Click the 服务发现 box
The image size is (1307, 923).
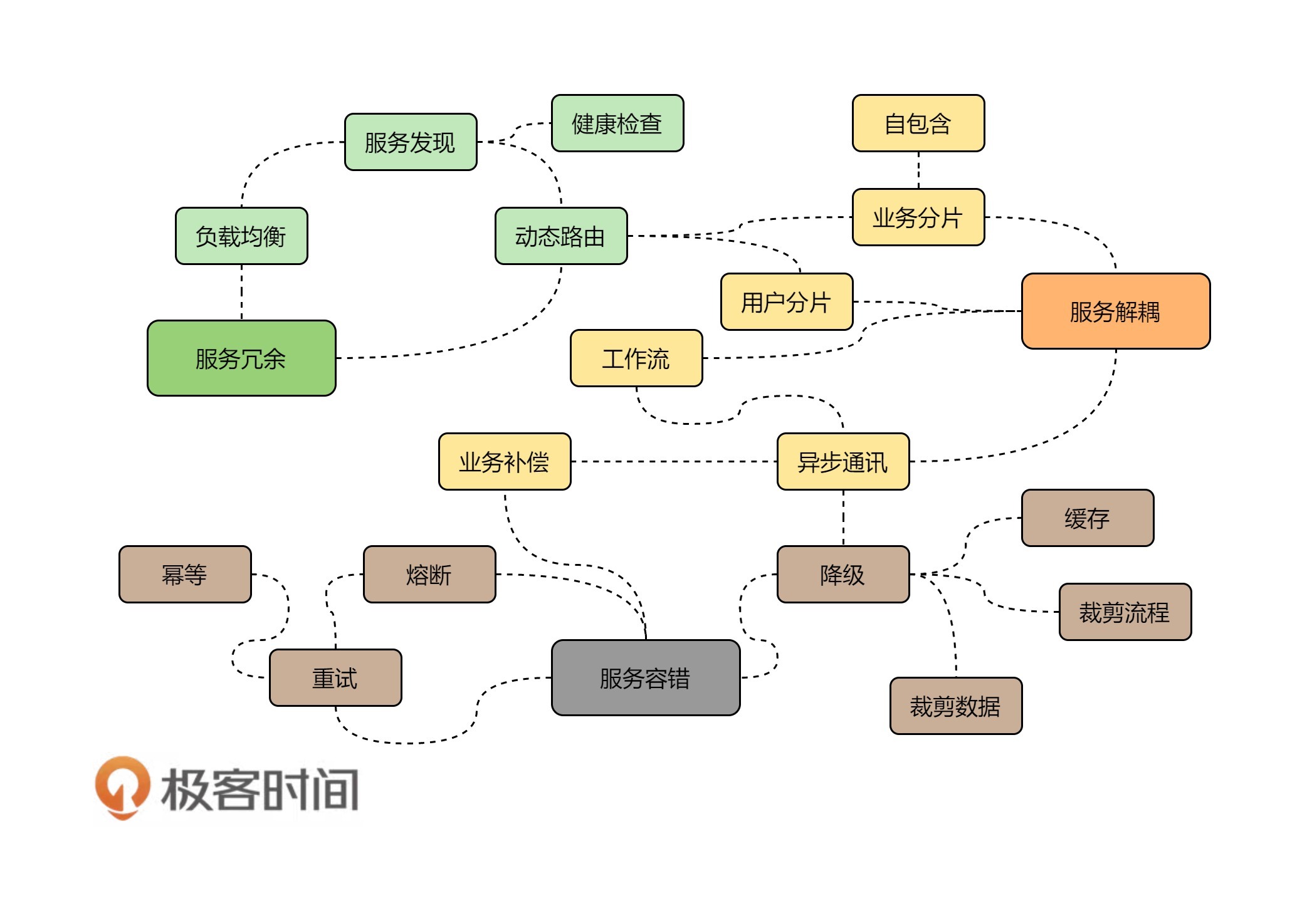[411, 142]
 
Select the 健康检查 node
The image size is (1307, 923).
[617, 123]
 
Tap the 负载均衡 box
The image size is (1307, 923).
[241, 236]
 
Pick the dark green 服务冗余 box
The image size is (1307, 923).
[241, 358]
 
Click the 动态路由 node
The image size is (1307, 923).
[561, 236]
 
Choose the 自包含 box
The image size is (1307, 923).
[918, 123]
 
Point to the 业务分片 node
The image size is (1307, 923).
[918, 217]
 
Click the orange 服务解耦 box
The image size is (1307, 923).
[1116, 311]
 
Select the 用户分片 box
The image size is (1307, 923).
[787, 302]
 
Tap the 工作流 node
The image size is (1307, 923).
[636, 358]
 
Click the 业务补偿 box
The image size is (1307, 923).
[505, 462]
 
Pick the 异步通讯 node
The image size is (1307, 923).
[843, 462]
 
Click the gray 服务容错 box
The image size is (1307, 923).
[646, 678]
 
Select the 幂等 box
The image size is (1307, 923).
[185, 575]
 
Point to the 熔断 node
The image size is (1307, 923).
[429, 575]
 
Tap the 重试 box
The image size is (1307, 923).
[335, 678]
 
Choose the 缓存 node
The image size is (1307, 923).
[1088, 518]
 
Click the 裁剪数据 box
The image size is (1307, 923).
[956, 706]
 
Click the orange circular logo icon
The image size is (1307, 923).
[123, 787]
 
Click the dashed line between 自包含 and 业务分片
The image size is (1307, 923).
[918, 170]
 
